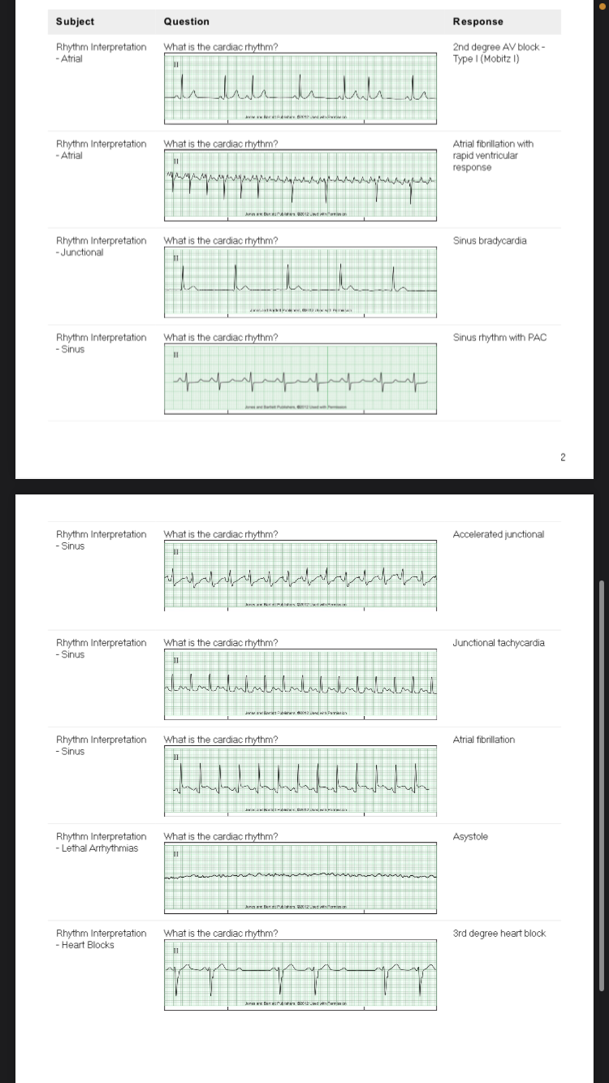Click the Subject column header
pos(75,22)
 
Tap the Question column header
pos(186,22)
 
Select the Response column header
pos(477,22)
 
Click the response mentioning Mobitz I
pos(499,53)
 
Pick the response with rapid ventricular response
pos(493,155)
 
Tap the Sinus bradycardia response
pos(489,241)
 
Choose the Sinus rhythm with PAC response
pos(499,338)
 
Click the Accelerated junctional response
pos(498,534)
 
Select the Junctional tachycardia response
pos(499,643)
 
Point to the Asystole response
pos(470,837)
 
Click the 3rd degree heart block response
pos(499,934)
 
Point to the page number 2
pos(562,458)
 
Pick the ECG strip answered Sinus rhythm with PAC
pos(300,378)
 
